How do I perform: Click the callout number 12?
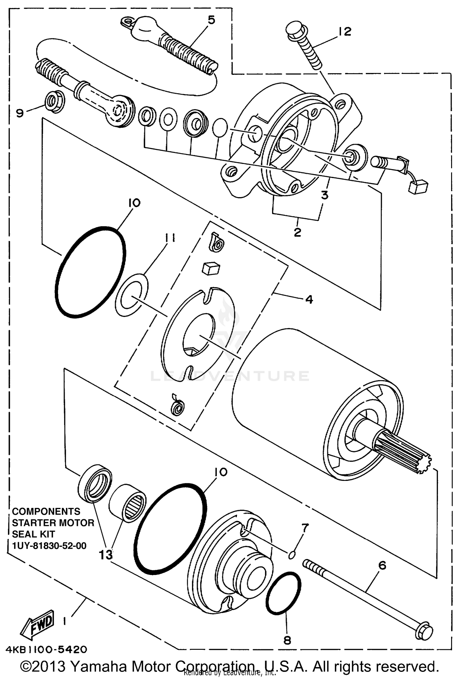[x=345, y=31]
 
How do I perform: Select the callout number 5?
[x=211, y=20]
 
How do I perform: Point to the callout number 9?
[x=20, y=114]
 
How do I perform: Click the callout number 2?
[x=297, y=232]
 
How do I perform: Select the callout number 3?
[x=324, y=195]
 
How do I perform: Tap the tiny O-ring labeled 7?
[x=292, y=554]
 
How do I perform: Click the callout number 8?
[x=287, y=640]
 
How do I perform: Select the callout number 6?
[x=382, y=566]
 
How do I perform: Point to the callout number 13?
[x=105, y=555]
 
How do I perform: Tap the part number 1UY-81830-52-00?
[x=49, y=546]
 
